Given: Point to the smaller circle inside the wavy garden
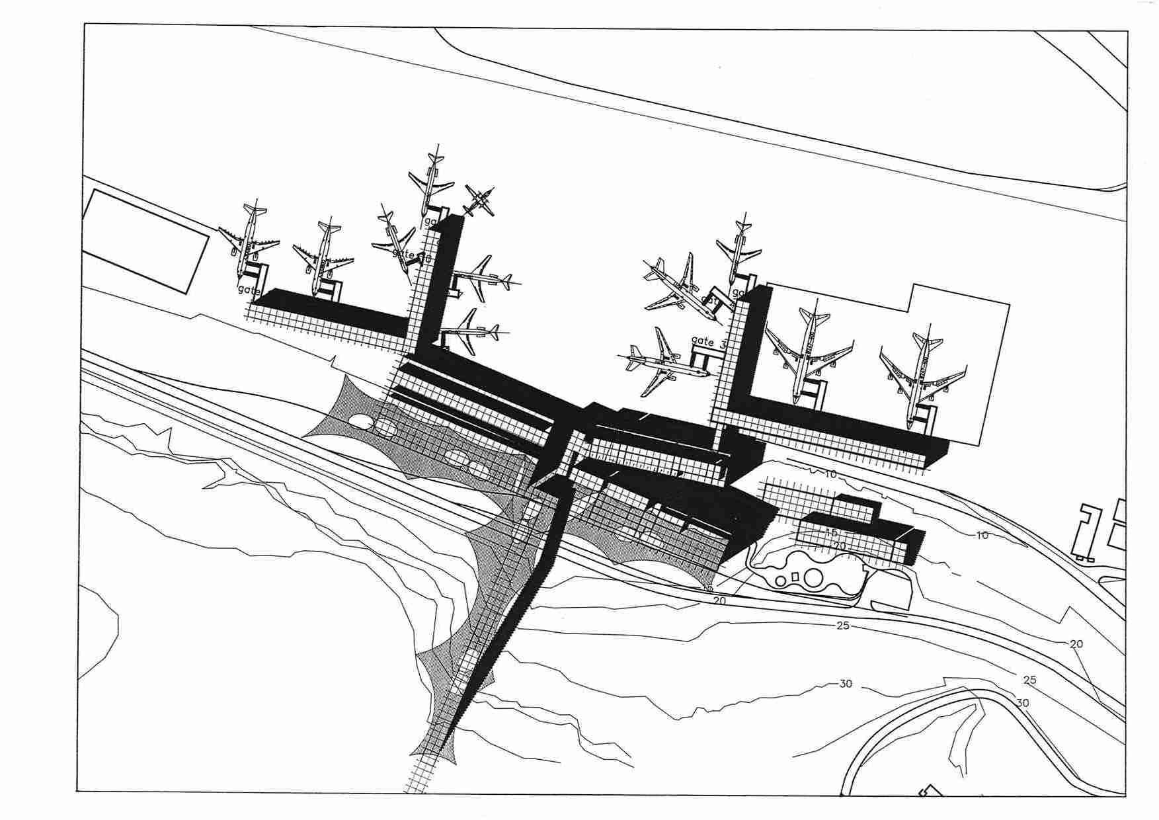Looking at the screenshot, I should [x=781, y=581].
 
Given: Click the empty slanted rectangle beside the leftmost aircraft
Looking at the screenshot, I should [x=145, y=240].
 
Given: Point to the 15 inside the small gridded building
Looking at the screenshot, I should [x=831, y=533].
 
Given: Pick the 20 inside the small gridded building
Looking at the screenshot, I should [x=840, y=546].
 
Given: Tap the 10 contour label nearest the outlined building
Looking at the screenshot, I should [x=982, y=535].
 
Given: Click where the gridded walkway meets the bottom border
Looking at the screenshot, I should [x=417, y=788].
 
